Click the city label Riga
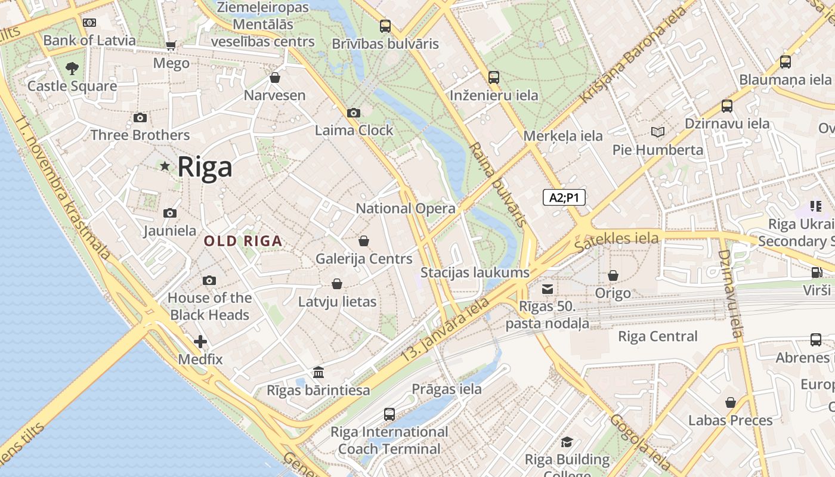[x=205, y=166]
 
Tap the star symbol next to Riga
[x=165, y=166]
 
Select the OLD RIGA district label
[x=243, y=241]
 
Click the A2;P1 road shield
[x=564, y=197]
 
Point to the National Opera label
[x=406, y=209]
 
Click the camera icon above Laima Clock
[x=353, y=113]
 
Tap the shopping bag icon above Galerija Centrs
[x=364, y=241]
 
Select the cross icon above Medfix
[x=200, y=342]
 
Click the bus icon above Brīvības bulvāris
[x=385, y=26]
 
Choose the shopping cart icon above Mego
[x=171, y=45]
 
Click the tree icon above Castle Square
[x=72, y=68]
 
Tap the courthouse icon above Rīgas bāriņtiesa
[x=318, y=373]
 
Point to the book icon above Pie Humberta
[x=658, y=132]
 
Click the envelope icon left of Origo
[x=547, y=289]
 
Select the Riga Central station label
[x=657, y=336]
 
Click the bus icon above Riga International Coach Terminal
[x=389, y=414]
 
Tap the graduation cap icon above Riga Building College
[x=567, y=442]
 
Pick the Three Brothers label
[x=140, y=135]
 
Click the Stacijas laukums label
[x=475, y=272]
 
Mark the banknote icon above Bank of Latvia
[x=89, y=23]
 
